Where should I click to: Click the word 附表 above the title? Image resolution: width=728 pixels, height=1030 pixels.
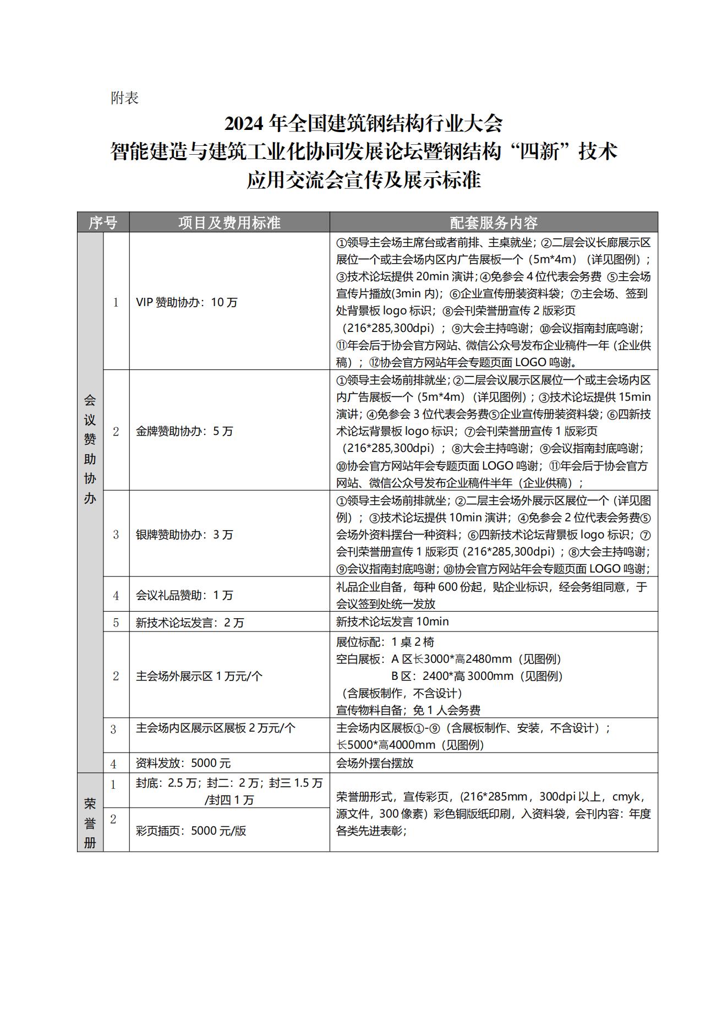[124, 98]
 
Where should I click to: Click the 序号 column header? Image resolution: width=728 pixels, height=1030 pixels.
[103, 222]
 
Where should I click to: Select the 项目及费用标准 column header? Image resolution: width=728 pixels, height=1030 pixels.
[229, 222]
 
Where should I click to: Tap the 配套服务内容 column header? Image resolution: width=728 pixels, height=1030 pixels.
[493, 222]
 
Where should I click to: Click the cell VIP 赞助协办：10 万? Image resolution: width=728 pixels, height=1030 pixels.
[187, 302]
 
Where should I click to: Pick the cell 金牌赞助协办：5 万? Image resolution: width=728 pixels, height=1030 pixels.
[184, 431]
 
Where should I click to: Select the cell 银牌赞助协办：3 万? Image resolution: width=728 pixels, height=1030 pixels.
[184, 535]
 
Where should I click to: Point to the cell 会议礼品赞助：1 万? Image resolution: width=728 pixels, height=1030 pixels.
[184, 595]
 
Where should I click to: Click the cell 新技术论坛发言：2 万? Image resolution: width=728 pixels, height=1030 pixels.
[190, 623]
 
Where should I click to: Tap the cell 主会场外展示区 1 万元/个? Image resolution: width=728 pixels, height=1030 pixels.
[199, 676]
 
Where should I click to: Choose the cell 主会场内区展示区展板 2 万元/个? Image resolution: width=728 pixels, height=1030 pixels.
[216, 728]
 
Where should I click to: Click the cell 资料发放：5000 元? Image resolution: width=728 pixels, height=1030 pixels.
[183, 763]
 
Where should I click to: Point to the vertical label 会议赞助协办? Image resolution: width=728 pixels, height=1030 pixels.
[90, 449]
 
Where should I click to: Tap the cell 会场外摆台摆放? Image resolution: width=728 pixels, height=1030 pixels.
[375, 763]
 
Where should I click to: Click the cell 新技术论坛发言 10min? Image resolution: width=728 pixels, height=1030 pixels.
[392, 622]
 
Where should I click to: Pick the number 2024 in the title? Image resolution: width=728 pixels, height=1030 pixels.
[246, 123]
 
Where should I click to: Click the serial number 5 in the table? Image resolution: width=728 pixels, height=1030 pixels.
[116, 623]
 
